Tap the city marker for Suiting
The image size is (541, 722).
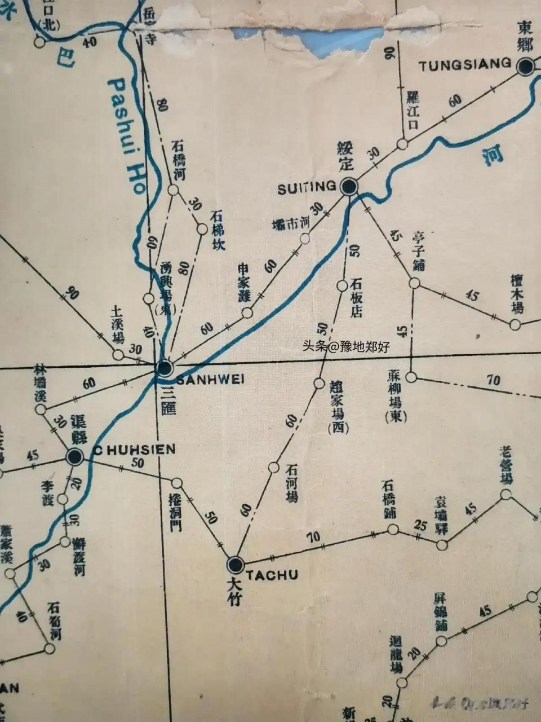(349, 187)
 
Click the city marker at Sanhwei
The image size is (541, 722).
(165, 369)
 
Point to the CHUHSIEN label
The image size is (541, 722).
(134, 450)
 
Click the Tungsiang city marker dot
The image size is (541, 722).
(525, 67)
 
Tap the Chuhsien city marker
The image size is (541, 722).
(74, 457)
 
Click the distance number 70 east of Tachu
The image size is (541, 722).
(313, 536)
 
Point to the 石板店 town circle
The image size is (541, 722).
(342, 286)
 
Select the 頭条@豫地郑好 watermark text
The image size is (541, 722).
(346, 347)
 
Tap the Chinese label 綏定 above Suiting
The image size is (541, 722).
(345, 156)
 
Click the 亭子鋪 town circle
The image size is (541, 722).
(414, 283)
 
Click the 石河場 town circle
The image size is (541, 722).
(274, 468)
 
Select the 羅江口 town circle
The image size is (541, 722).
(402, 144)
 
